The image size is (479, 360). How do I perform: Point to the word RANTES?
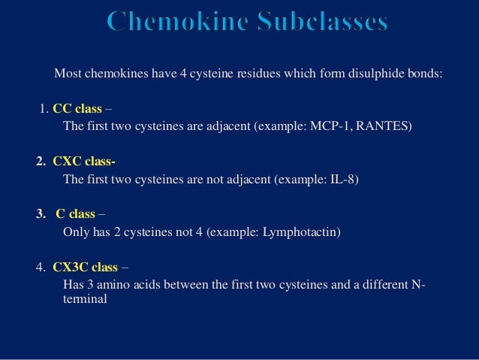pos(382,126)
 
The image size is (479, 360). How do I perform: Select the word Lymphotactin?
pos(300,232)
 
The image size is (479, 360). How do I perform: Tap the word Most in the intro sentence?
pos(67,74)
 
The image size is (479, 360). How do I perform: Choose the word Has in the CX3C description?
pos(74,285)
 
